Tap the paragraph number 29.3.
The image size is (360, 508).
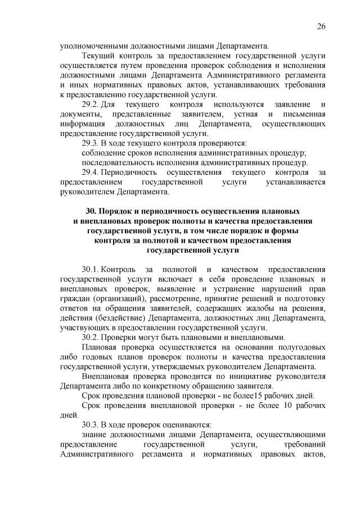click(x=91, y=143)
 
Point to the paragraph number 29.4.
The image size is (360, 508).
click(x=91, y=172)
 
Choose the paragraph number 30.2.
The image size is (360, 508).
click(x=91, y=337)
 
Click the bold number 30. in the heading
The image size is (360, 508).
click(x=91, y=211)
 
